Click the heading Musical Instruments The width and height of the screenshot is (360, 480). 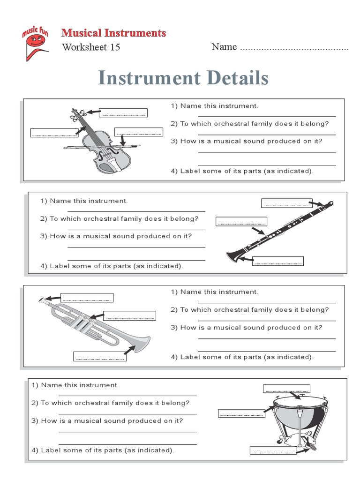pos(114,33)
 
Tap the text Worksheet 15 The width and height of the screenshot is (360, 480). pos(91,47)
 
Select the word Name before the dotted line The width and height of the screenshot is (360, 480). pos(224,47)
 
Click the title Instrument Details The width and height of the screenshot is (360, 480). pos(183,78)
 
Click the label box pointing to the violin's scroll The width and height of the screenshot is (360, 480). pos(124,112)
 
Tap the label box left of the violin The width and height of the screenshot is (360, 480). pos(54,133)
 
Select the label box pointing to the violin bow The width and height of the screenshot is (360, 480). pos(138,132)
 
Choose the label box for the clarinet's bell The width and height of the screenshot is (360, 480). pos(278,261)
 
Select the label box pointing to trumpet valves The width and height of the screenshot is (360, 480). pos(129,315)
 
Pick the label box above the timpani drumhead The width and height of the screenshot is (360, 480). pos(286,389)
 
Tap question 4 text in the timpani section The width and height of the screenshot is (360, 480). pos(103,450)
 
